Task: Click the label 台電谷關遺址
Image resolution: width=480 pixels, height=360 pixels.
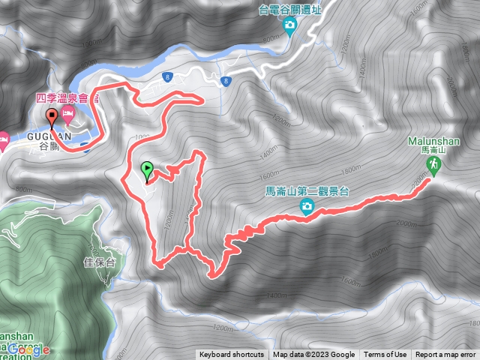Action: (289, 10)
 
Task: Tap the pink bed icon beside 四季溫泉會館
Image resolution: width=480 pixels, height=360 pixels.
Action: (69, 115)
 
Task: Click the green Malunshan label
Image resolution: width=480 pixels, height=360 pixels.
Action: (430, 140)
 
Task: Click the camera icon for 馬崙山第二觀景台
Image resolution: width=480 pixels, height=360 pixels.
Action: (307, 207)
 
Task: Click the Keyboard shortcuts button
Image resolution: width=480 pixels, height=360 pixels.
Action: (232, 355)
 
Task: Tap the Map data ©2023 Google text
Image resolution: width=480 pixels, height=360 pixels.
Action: (313, 355)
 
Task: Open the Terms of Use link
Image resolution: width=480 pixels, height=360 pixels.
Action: (385, 355)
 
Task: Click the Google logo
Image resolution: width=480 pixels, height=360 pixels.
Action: (29, 349)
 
